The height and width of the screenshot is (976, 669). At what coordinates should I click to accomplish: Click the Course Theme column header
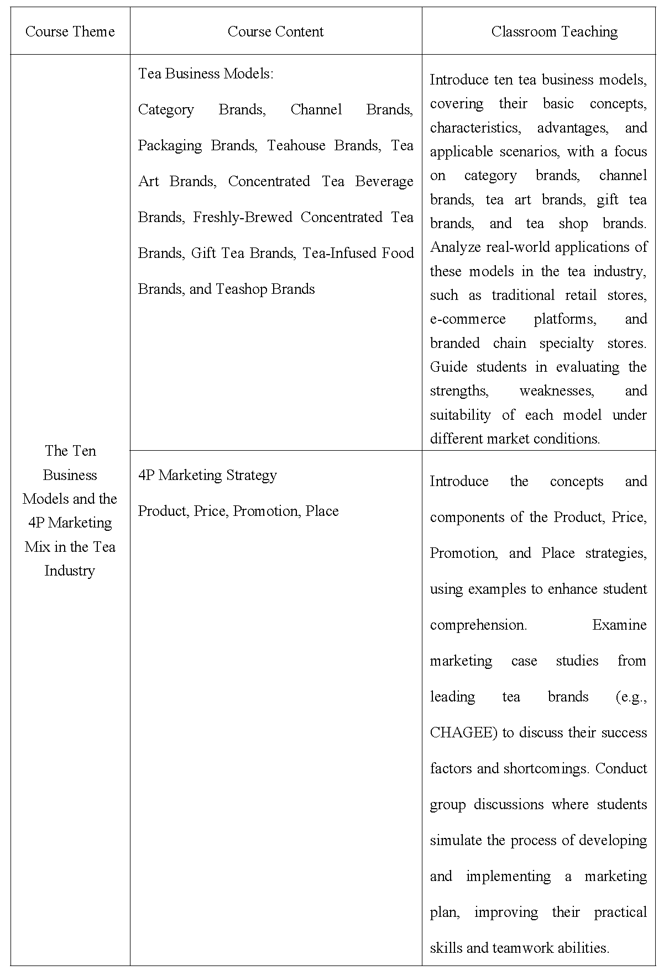tap(70, 31)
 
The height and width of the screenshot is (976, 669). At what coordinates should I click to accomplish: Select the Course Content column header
tap(275, 31)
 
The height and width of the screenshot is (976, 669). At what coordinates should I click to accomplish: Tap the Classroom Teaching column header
tap(554, 31)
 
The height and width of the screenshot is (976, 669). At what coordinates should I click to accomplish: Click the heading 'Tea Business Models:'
tap(206, 73)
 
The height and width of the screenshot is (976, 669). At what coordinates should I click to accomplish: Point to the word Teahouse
tap(296, 145)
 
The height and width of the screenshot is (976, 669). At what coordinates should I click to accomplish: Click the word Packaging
tap(170, 145)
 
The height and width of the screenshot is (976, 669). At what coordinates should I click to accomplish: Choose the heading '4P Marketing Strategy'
tap(207, 475)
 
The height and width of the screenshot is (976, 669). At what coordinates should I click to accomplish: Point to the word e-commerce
tap(468, 319)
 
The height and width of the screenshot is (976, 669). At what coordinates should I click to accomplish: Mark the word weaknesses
tap(556, 391)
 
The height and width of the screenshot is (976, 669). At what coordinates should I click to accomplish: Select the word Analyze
tap(456, 247)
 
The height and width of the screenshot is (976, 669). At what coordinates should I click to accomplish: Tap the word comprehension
tap(478, 625)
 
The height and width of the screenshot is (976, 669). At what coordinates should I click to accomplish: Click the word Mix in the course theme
tap(37, 547)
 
